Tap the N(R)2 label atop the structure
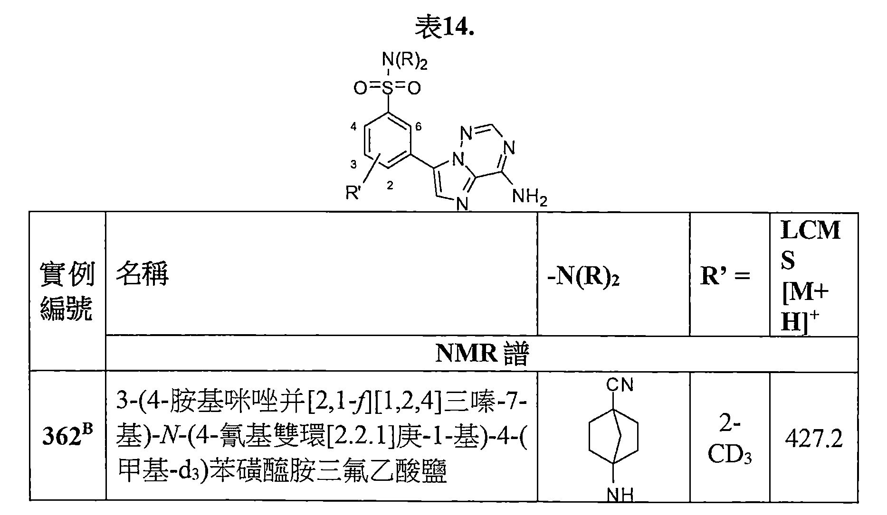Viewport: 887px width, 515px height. pyautogui.click(x=404, y=62)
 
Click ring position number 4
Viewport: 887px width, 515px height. pyautogui.click(x=353, y=127)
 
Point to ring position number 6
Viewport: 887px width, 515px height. pyautogui.click(x=418, y=127)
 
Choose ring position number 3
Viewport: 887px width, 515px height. pyautogui.click(x=353, y=164)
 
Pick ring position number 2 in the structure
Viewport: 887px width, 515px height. pyautogui.click(x=390, y=186)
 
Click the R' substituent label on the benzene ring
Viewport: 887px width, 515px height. pyautogui.click(x=353, y=193)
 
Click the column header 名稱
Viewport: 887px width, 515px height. pyautogui.click(x=142, y=274)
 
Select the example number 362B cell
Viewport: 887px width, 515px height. pyautogui.click(x=67, y=437)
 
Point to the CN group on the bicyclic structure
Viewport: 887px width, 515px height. pyautogui.click(x=619, y=384)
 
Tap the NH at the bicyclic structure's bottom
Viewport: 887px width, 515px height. pyautogui.click(x=620, y=496)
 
